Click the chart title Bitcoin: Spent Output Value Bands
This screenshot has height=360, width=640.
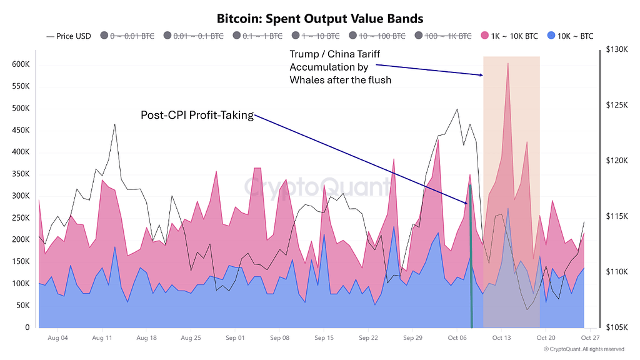(319, 19)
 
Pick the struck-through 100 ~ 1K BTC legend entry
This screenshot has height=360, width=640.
(447, 36)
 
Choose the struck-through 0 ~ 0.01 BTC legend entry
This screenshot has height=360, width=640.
(131, 36)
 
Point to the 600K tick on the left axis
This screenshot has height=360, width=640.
(22, 64)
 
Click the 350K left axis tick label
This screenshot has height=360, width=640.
(22, 174)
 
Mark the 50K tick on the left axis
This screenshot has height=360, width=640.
(24, 305)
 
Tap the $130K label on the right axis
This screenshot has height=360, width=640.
(617, 49)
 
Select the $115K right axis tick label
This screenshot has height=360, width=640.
(617, 216)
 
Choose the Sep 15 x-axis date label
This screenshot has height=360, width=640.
(324, 338)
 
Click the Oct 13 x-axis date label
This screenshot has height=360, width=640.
(502, 338)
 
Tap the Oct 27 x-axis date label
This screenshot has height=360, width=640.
(591, 338)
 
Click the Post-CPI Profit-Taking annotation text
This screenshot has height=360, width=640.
(197, 115)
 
